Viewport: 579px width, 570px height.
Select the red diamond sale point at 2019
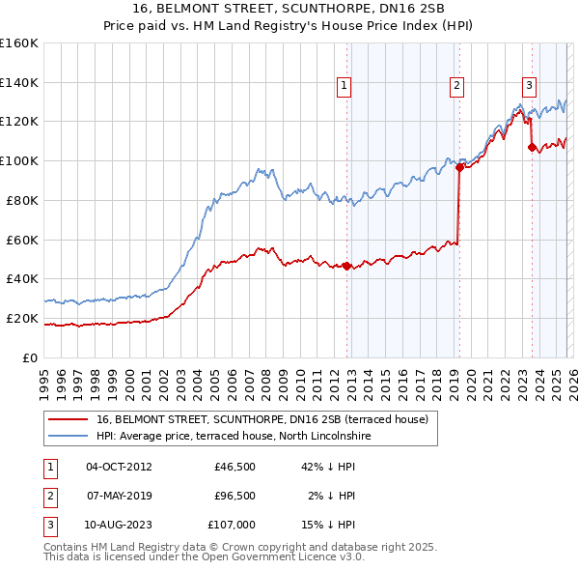point(459,167)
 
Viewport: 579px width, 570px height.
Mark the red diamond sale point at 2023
point(532,147)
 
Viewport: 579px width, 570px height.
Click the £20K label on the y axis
point(23,318)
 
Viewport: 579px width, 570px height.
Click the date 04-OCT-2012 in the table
point(119,467)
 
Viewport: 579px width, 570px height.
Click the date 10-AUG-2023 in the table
point(119,526)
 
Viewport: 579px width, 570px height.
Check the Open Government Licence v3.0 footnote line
point(204,556)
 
